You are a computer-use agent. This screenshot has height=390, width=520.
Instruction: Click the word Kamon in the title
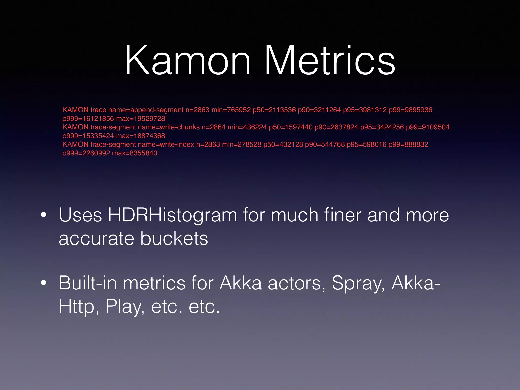pyautogui.click(x=188, y=61)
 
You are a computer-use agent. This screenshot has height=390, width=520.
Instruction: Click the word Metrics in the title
pyautogui.click(x=330, y=61)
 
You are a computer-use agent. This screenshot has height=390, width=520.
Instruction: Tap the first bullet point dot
pyautogui.click(x=44, y=215)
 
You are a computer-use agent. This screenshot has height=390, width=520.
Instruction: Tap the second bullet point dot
pyautogui.click(x=44, y=283)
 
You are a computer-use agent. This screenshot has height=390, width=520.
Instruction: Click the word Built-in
pyautogui.click(x=88, y=283)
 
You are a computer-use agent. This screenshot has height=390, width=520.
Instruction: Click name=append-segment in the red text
pyautogui.click(x=146, y=110)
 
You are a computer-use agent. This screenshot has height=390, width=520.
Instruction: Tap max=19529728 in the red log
pyautogui.click(x=140, y=119)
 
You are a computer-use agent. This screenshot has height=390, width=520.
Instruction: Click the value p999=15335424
pyautogui.click(x=88, y=136)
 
